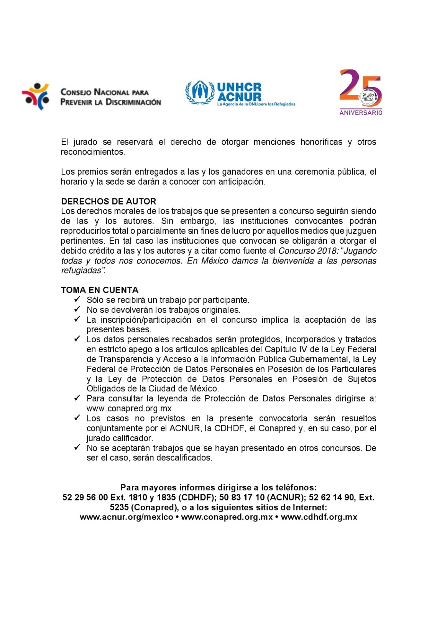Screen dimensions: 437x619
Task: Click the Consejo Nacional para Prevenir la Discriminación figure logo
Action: point(36,96)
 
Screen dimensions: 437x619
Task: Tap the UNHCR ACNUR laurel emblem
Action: point(199,92)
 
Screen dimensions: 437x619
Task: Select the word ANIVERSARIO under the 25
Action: point(360,113)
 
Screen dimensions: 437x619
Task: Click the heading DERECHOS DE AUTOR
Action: point(108,201)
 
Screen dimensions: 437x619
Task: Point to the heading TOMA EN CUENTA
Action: point(100,290)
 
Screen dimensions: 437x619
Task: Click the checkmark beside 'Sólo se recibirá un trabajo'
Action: point(77,299)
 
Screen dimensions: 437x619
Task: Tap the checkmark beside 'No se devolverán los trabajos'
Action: point(77,309)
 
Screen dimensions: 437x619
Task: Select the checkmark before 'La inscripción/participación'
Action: point(77,319)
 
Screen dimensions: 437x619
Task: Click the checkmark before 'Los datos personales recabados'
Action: point(77,339)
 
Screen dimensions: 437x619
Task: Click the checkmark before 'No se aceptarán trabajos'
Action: point(77,447)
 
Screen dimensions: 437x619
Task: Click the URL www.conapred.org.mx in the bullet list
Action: point(129,409)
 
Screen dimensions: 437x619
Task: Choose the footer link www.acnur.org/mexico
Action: point(127,517)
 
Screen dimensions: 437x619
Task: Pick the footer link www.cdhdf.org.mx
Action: point(319,517)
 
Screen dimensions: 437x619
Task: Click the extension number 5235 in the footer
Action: point(119,508)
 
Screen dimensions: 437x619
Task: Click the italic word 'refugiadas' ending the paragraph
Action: point(82,271)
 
